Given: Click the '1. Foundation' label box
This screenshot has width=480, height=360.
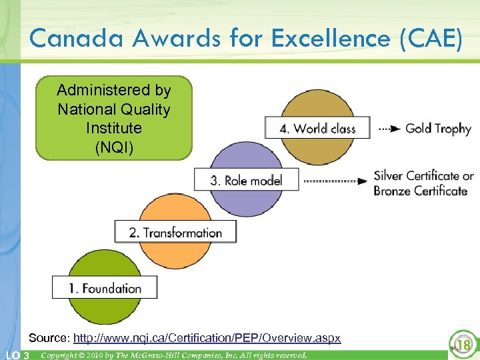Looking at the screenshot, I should pos(105,288).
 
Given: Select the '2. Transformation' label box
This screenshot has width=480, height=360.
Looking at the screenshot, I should pos(175,232).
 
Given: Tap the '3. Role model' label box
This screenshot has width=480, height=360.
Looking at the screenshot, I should pos(246,180).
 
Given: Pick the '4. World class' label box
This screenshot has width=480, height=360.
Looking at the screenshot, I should pos(317,128).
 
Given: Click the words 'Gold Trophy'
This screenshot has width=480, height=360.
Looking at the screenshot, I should pos(438,129).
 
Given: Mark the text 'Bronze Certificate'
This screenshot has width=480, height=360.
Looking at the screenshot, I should pos(421,191).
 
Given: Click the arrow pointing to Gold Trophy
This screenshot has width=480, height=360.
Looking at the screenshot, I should pos(389,128).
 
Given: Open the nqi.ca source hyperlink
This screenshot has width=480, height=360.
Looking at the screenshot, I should pos(207,338).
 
